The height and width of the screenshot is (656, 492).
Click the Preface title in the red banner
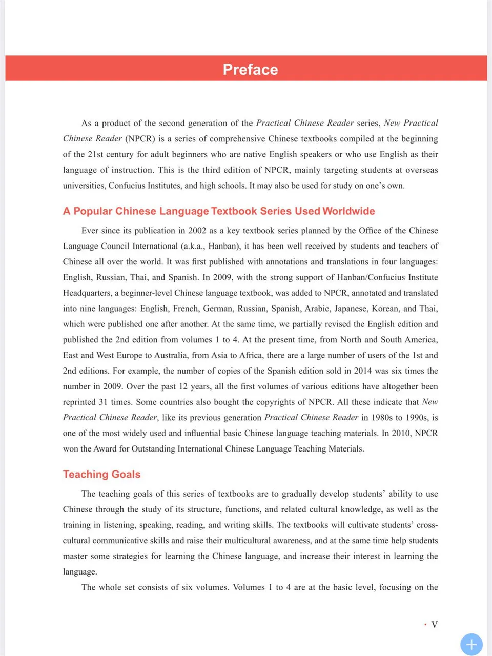tap(250, 69)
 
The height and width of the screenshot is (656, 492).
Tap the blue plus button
tap(471, 644)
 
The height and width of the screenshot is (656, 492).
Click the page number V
tap(434, 624)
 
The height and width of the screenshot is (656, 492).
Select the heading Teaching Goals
tap(101, 474)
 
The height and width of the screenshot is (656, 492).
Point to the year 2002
tap(197, 231)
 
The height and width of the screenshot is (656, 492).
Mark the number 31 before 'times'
tap(103, 402)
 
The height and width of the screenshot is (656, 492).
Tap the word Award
tap(105, 449)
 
